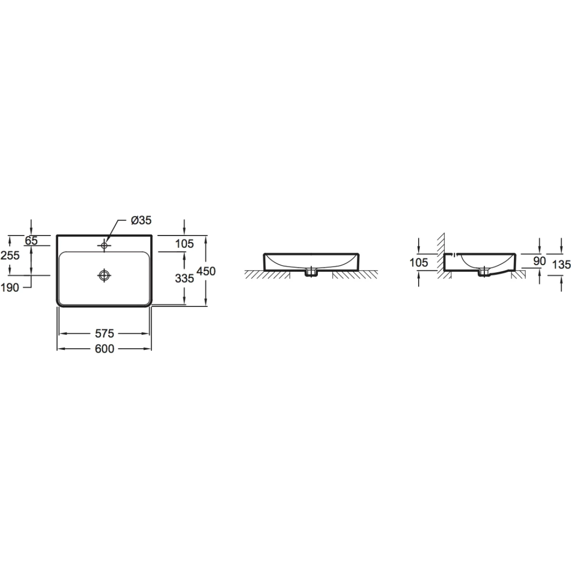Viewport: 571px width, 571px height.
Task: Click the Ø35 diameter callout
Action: [x=141, y=220]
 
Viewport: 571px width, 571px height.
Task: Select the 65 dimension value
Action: [x=31, y=241]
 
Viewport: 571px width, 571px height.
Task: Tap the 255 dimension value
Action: [x=10, y=256]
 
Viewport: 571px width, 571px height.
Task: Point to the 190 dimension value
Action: [x=10, y=287]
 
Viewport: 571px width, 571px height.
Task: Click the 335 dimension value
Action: [x=184, y=278]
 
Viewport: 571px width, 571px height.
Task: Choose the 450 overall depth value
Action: [x=206, y=271]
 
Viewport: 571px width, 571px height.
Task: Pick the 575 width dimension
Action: [x=104, y=334]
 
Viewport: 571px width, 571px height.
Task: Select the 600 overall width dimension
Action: [x=104, y=349]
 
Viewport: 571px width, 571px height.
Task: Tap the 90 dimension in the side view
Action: [x=539, y=261]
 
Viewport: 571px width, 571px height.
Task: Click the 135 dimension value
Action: [x=561, y=265]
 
